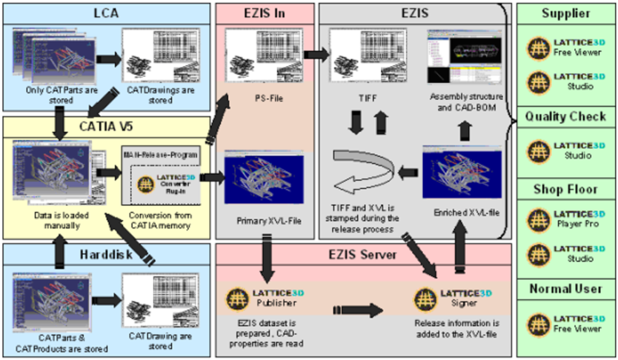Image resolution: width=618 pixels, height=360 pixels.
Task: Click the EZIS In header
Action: pyautogui.click(x=265, y=13)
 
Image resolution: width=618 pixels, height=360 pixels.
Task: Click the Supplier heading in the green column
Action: pyautogui.click(x=565, y=13)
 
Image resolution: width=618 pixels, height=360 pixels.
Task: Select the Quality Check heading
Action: pyautogui.click(x=565, y=116)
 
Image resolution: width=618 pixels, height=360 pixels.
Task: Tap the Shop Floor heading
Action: pyautogui.click(x=565, y=190)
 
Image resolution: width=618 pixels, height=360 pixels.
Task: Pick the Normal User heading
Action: pyautogui.click(x=565, y=290)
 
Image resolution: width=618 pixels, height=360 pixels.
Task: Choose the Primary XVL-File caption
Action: pyautogui.click(x=265, y=221)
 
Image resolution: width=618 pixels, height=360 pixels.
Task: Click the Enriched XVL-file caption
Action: pyautogui.click(x=459, y=213)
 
